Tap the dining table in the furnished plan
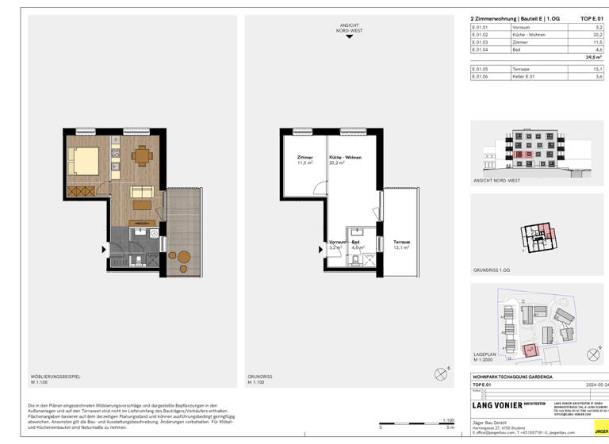coord(140,156)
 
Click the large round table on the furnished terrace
coord(184,257)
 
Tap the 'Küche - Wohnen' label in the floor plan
coord(345,158)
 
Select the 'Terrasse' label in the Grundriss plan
coord(401,242)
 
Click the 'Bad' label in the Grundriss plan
coord(356,242)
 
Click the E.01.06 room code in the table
coord(479,77)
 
